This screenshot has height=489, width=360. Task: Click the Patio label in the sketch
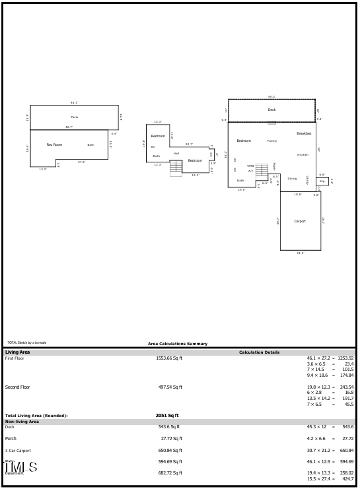[75, 117]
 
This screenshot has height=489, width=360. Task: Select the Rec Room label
[54, 144]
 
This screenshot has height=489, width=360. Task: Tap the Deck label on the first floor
[271, 110]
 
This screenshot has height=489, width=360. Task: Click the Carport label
[300, 221]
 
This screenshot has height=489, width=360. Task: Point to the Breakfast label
[304, 133]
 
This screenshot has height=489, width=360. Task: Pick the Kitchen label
[303, 154]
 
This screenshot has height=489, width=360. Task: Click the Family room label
[272, 141]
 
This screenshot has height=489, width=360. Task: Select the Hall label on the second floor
[176, 153]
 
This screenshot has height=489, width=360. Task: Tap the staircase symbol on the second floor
[176, 168]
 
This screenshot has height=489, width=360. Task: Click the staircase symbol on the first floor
[262, 170]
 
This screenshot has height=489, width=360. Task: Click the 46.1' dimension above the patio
[75, 102]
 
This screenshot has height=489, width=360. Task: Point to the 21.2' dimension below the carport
[301, 253]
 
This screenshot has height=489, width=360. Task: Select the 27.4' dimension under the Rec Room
[82, 162]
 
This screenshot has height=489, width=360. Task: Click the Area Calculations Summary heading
[178, 343]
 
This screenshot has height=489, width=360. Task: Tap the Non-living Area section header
[22, 421]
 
